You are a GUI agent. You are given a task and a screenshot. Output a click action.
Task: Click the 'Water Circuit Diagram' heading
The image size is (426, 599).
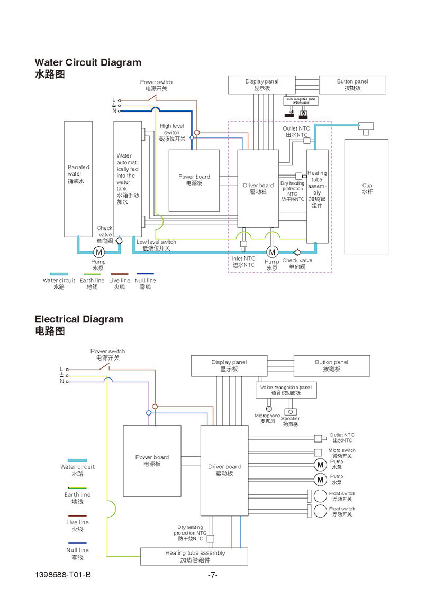(x=88, y=62)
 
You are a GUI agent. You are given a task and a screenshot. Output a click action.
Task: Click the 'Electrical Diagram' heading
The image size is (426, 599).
(x=78, y=319)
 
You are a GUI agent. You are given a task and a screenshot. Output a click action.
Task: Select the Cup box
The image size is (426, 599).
(x=367, y=196)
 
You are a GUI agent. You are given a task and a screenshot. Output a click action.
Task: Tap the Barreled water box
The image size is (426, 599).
(x=78, y=179)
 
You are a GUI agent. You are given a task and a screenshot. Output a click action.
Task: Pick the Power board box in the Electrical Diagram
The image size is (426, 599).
(x=152, y=460)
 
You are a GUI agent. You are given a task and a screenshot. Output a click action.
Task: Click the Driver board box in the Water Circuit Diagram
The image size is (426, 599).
(x=258, y=189)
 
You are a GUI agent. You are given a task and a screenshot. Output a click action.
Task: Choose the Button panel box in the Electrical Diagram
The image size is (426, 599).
(x=331, y=365)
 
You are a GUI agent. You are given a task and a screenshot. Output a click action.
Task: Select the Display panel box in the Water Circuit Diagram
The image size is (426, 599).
(x=261, y=85)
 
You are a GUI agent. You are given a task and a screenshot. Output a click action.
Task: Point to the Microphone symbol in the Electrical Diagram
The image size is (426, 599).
(x=269, y=408)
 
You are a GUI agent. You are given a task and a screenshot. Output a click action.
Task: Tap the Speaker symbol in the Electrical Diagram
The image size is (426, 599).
(x=289, y=411)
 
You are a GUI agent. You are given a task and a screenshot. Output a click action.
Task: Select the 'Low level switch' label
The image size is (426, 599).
(x=156, y=245)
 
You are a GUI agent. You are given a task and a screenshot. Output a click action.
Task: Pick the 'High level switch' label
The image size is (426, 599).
(x=171, y=132)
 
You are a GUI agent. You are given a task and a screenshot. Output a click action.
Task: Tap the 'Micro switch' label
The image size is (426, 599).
(x=342, y=453)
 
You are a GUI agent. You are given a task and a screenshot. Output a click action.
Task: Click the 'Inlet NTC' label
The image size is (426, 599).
(x=243, y=262)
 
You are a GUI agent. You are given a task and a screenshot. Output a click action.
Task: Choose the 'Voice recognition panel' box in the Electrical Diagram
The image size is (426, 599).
(x=286, y=390)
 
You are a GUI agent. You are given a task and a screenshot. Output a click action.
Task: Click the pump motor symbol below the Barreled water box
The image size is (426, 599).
(x=98, y=252)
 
